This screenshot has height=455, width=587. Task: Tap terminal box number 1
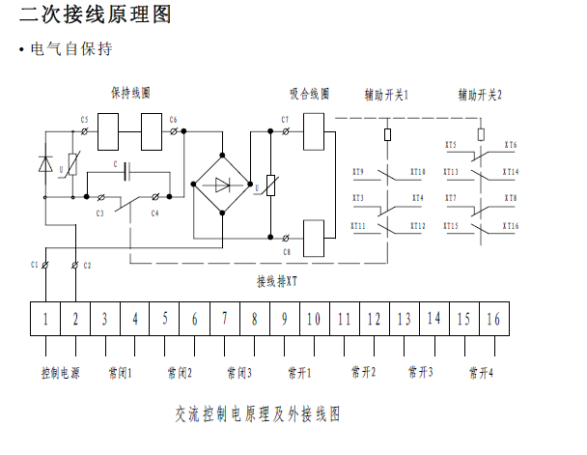point(45,319)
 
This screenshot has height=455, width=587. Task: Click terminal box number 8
point(255,319)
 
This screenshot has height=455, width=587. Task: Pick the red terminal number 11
point(345,319)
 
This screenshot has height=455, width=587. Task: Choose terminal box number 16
point(493,319)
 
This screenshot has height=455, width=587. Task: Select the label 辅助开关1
point(387,95)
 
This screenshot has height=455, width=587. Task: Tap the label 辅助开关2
point(481,95)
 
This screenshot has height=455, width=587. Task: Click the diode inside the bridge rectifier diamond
point(223,184)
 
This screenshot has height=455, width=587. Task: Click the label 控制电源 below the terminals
point(60,372)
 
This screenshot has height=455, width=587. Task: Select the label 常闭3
point(239,372)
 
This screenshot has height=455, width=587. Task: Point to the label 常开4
point(480,372)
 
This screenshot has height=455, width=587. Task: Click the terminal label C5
point(84,120)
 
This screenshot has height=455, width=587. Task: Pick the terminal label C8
point(287,252)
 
